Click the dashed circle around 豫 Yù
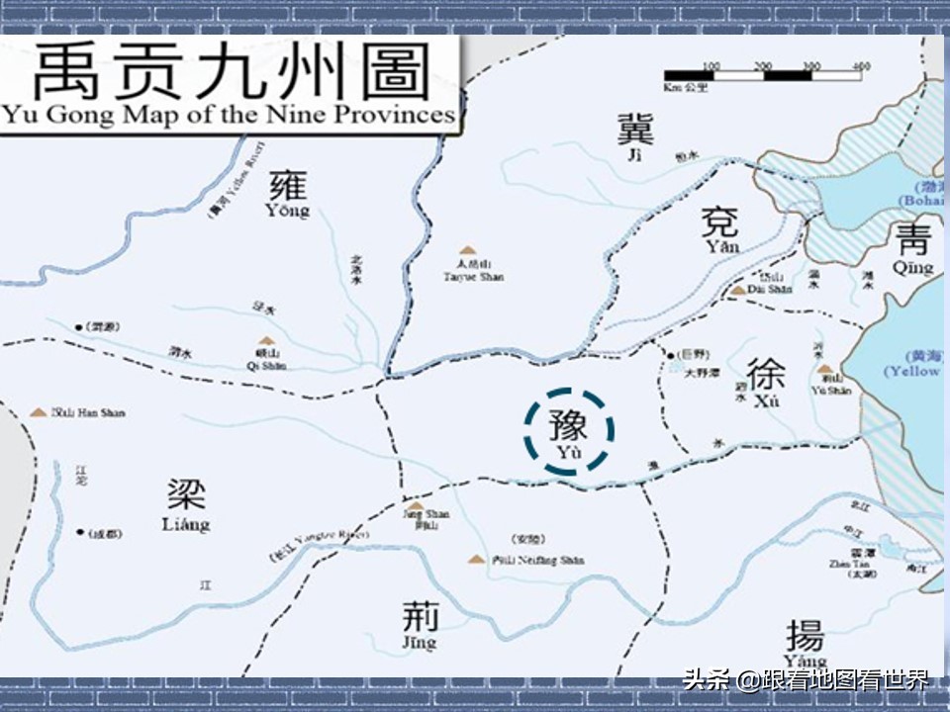(x=569, y=431)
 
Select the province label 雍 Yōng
(x=287, y=192)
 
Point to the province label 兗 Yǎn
(x=719, y=228)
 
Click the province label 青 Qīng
(x=911, y=247)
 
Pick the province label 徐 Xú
(x=766, y=382)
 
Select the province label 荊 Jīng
(x=420, y=624)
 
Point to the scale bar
(x=765, y=75)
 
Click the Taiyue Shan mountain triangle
(x=466, y=251)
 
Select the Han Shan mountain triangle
(x=39, y=411)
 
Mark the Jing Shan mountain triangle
(x=416, y=505)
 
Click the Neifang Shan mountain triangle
(x=476, y=560)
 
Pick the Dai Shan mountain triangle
(x=738, y=290)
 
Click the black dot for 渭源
(x=77, y=325)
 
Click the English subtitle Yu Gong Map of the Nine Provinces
(x=229, y=115)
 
